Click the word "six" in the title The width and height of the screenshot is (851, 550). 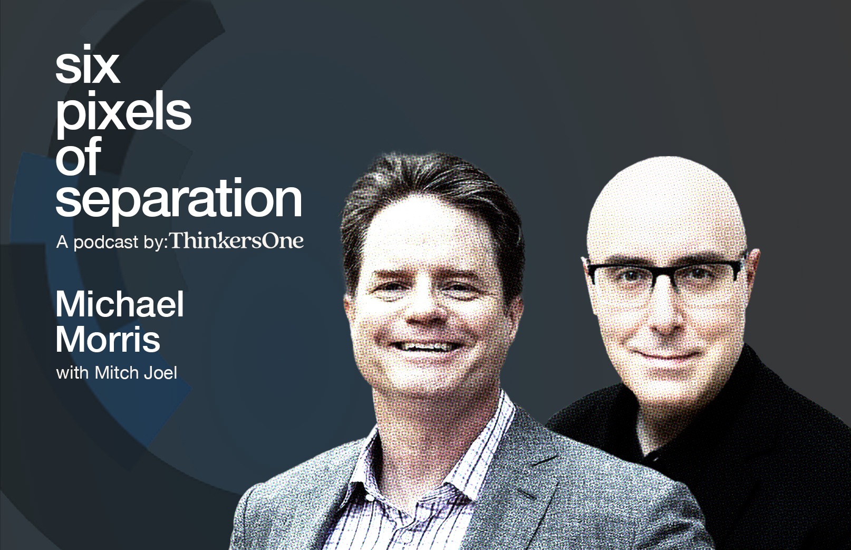[x=88, y=65]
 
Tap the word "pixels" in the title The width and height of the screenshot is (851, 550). [x=123, y=112]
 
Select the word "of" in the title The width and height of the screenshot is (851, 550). [x=78, y=156]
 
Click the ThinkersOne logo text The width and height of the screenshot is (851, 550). [x=237, y=241]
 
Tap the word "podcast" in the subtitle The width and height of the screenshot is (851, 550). [x=105, y=242]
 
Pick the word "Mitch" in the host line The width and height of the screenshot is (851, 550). [x=117, y=372]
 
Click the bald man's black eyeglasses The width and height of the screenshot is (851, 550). [x=663, y=276]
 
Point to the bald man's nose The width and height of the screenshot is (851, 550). [x=663, y=312]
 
